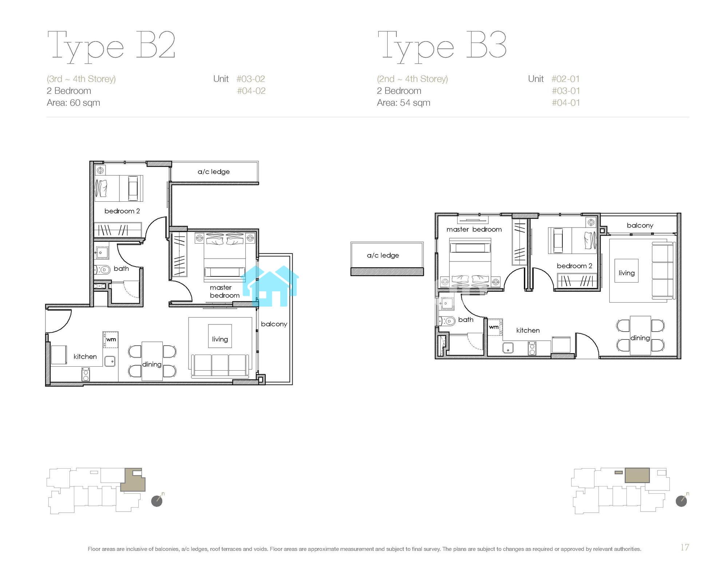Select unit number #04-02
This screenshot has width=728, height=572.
pyautogui.click(x=251, y=91)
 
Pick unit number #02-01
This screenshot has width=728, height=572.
pyautogui.click(x=566, y=79)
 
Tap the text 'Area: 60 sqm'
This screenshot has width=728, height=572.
pyautogui.click(x=73, y=103)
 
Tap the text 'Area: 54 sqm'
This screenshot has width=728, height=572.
pyautogui.click(x=403, y=103)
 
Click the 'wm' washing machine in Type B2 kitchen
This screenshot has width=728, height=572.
pyautogui.click(x=111, y=339)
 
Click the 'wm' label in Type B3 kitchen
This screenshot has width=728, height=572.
pyautogui.click(x=494, y=327)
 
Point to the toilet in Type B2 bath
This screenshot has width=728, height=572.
pyautogui.click(x=103, y=270)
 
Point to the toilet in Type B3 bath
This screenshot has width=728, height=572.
pyautogui.click(x=447, y=321)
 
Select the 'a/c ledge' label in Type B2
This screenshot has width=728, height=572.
pyautogui.click(x=214, y=171)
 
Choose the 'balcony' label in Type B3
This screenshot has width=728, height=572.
pyautogui.click(x=640, y=225)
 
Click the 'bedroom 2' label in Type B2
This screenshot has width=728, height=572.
pyautogui.click(x=122, y=211)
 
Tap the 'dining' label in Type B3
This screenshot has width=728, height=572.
pyautogui.click(x=640, y=338)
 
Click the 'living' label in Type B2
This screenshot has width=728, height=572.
pyautogui.click(x=220, y=339)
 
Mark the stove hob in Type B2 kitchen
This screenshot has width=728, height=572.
pyautogui.click(x=86, y=374)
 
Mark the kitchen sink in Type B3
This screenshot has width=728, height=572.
pyautogui.click(x=508, y=348)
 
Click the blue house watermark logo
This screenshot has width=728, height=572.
pyautogui.click(x=270, y=286)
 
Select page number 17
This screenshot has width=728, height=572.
pyautogui.click(x=685, y=547)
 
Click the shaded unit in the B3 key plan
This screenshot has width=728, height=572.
pyautogui.click(x=637, y=475)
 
